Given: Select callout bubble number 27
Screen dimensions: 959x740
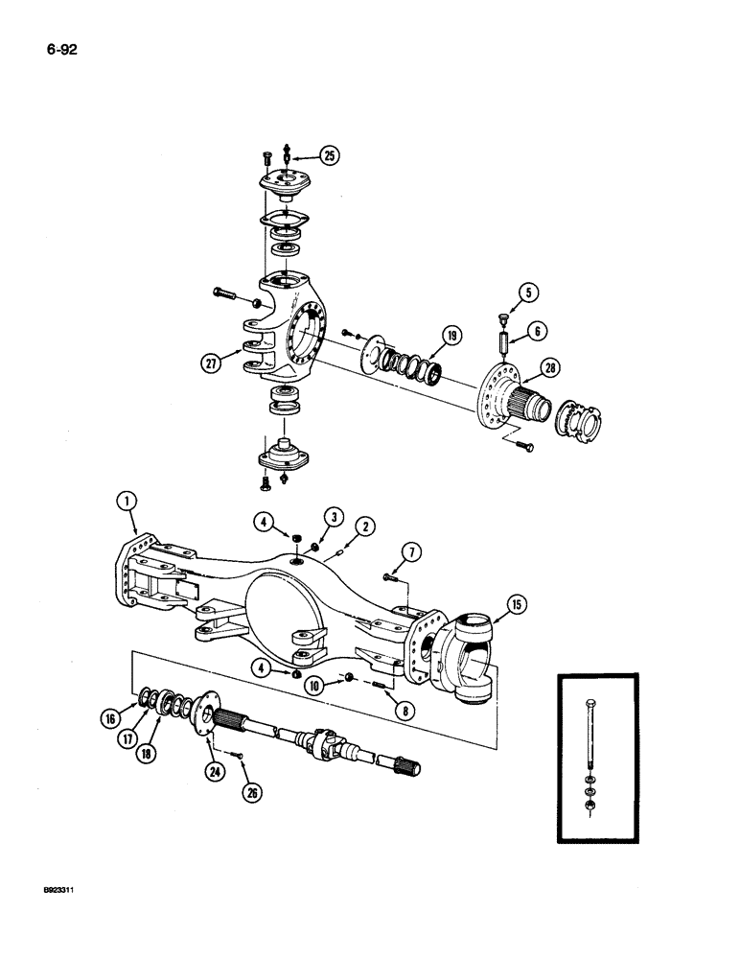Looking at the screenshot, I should coord(210,362).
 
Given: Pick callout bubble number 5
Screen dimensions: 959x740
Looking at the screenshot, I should coord(526,292).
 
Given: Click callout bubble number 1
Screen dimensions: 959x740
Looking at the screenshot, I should coord(127,499).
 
